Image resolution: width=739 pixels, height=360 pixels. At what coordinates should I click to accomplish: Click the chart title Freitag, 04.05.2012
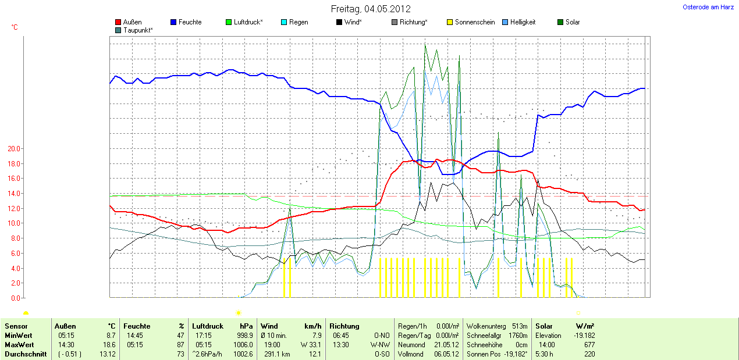[371, 9]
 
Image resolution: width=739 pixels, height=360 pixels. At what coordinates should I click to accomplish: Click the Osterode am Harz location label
[708, 7]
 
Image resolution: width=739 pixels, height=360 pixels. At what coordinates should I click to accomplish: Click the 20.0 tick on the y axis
[13, 148]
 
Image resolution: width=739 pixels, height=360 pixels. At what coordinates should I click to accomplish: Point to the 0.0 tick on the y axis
[15, 298]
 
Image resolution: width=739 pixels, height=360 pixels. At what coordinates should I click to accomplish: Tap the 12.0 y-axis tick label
[13, 208]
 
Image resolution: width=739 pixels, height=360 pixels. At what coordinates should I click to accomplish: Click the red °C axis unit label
[15, 27]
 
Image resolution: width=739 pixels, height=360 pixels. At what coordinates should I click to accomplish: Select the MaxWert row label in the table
[18, 345]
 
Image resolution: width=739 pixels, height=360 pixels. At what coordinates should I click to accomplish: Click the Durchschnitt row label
[25, 354]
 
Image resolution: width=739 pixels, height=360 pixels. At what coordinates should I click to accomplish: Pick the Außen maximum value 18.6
[109, 345]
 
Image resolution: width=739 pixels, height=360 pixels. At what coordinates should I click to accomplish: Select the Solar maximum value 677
[588, 345]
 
